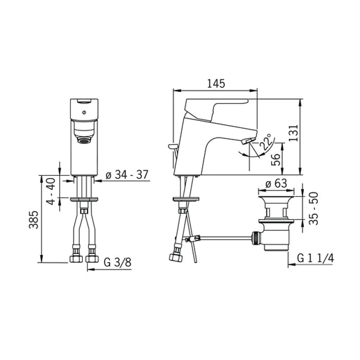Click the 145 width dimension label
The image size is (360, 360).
pos(216,83)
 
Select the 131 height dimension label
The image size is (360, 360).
pos(293,133)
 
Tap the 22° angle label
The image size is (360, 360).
pos(267,142)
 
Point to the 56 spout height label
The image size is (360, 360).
pos(276,159)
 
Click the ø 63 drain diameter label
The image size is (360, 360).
pos(276,184)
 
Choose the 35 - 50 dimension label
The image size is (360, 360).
pos(313,208)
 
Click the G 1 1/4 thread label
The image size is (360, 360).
pos(315,258)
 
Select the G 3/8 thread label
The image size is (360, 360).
pos(118,262)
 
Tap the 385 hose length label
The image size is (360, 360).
pos(33,220)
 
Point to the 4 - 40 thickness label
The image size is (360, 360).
pos(51,191)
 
